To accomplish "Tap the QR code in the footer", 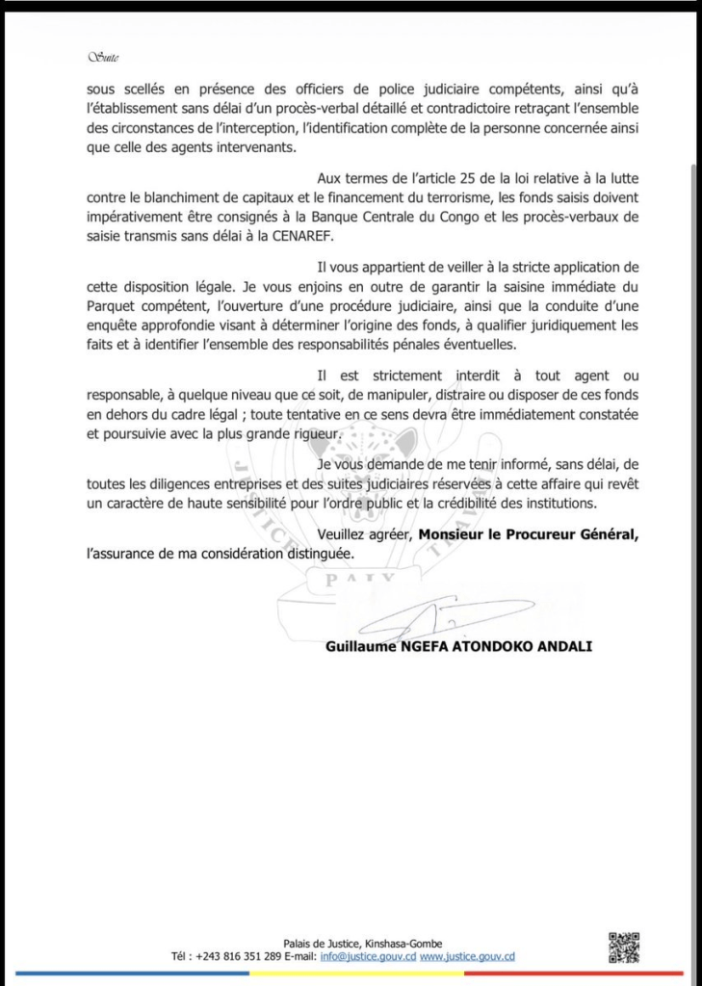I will [624, 948].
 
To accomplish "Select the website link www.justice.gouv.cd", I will [467, 957].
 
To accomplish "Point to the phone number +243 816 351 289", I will [238, 957].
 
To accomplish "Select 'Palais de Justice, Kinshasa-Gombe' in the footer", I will [363, 944].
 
